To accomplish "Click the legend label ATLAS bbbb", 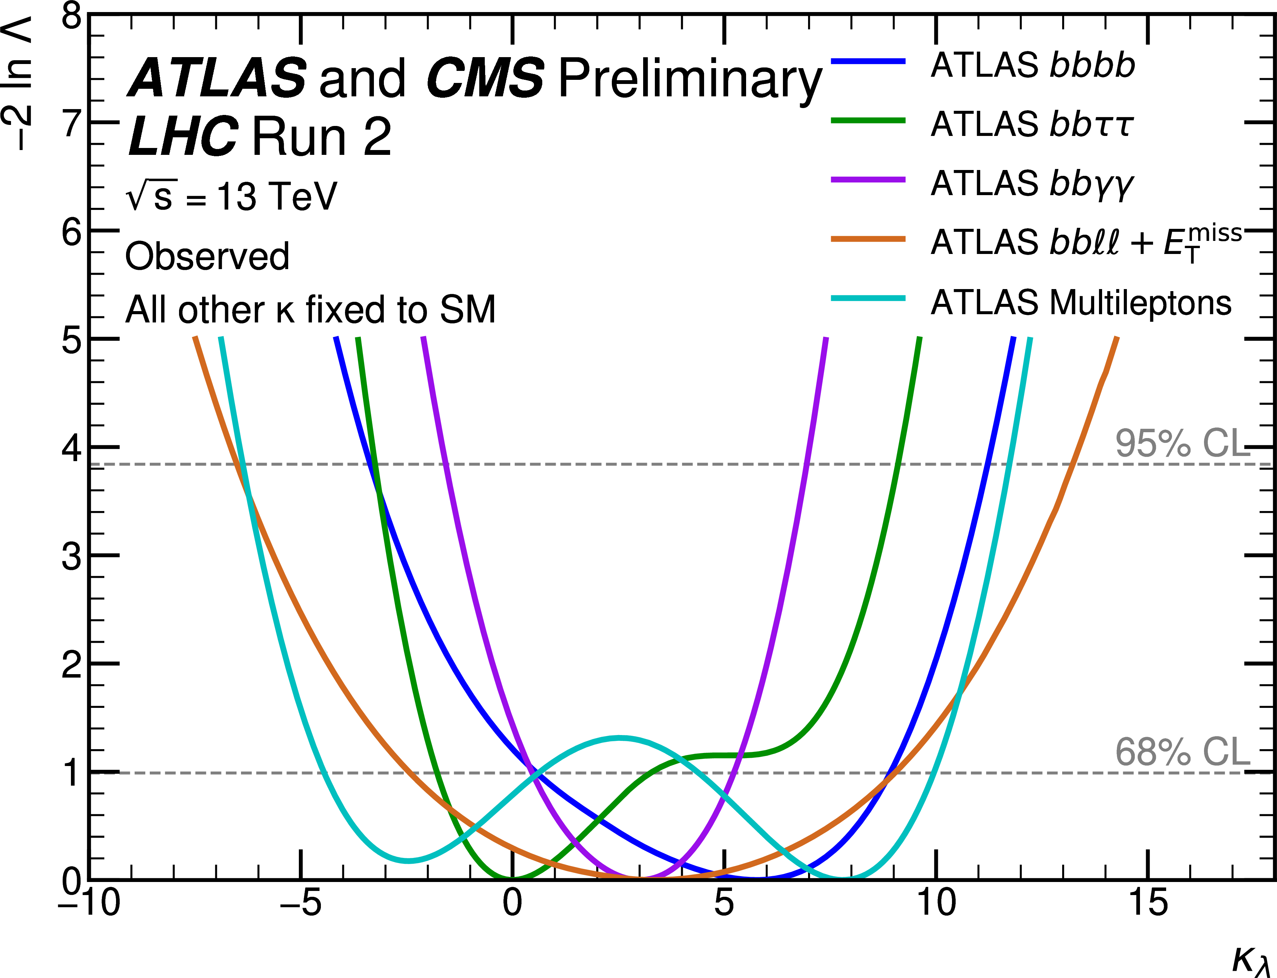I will point(1033,65).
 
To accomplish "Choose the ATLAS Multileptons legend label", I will point(1081,303).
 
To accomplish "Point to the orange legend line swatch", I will point(868,239).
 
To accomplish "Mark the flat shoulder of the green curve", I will point(722,756).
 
